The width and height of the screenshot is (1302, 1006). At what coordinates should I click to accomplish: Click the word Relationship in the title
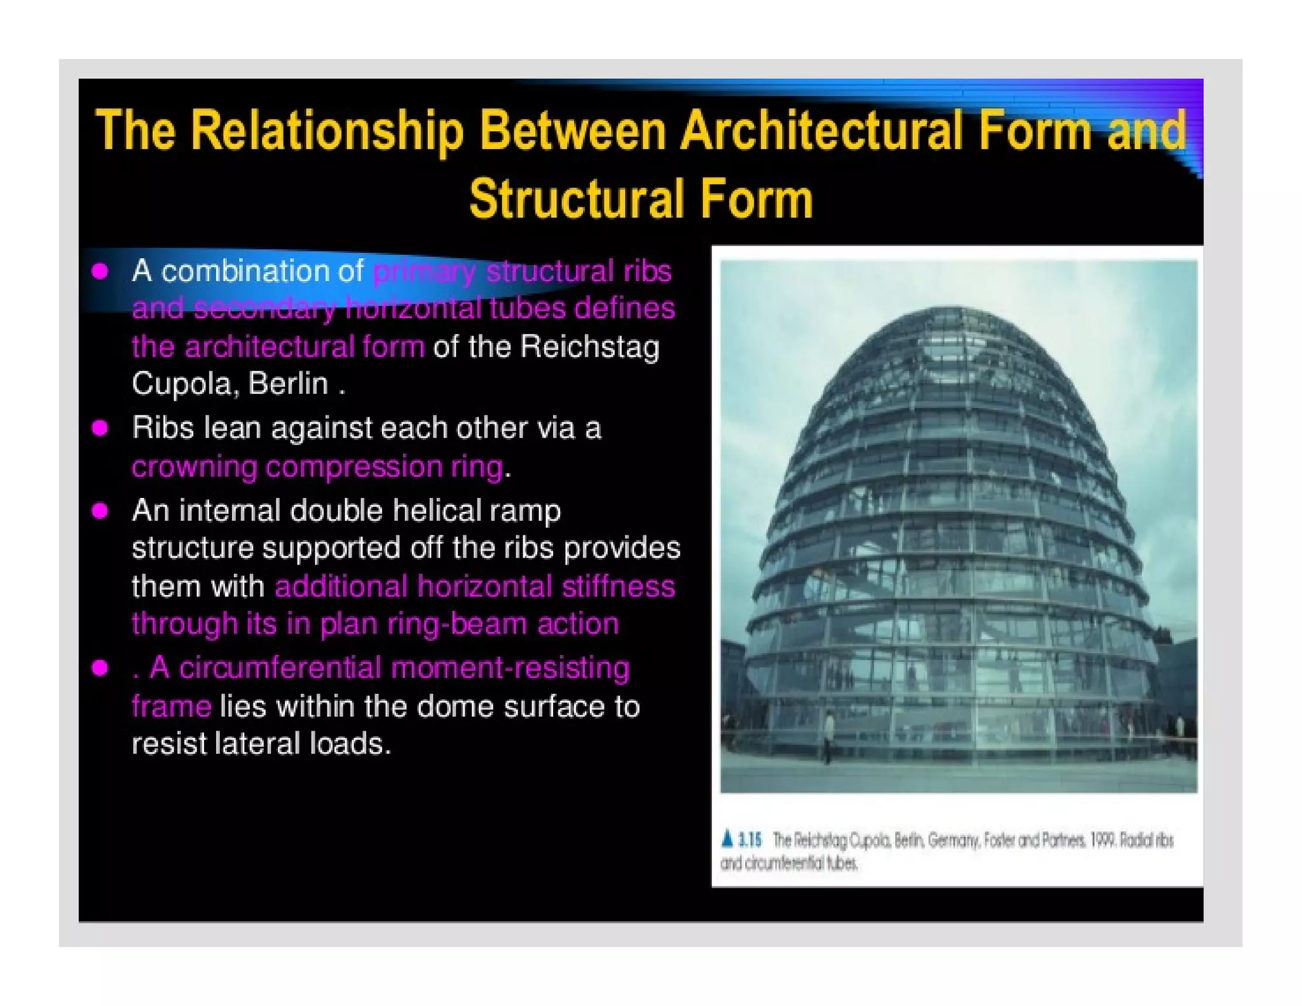(x=327, y=130)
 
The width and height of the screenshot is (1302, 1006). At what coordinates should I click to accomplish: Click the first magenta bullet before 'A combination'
(x=100, y=272)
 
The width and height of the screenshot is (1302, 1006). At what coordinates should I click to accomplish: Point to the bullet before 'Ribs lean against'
(x=100, y=428)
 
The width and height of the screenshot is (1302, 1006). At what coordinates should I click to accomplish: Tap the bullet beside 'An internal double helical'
(x=100, y=511)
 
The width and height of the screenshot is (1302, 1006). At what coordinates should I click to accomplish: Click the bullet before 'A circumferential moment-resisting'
(x=100, y=668)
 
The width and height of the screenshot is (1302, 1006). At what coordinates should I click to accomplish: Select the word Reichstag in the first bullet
(x=589, y=347)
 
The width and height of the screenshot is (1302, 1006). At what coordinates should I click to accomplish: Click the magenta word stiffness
(x=618, y=586)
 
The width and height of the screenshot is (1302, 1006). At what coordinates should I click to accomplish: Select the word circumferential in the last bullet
(x=280, y=668)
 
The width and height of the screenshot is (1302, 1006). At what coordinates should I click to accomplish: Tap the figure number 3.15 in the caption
(x=750, y=840)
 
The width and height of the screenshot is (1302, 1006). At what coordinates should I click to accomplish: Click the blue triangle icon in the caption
(x=728, y=839)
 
